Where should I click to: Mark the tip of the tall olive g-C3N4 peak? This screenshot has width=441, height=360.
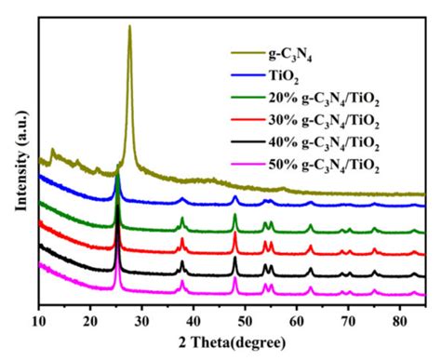(129, 26)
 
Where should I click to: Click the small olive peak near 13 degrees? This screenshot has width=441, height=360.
(53, 149)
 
